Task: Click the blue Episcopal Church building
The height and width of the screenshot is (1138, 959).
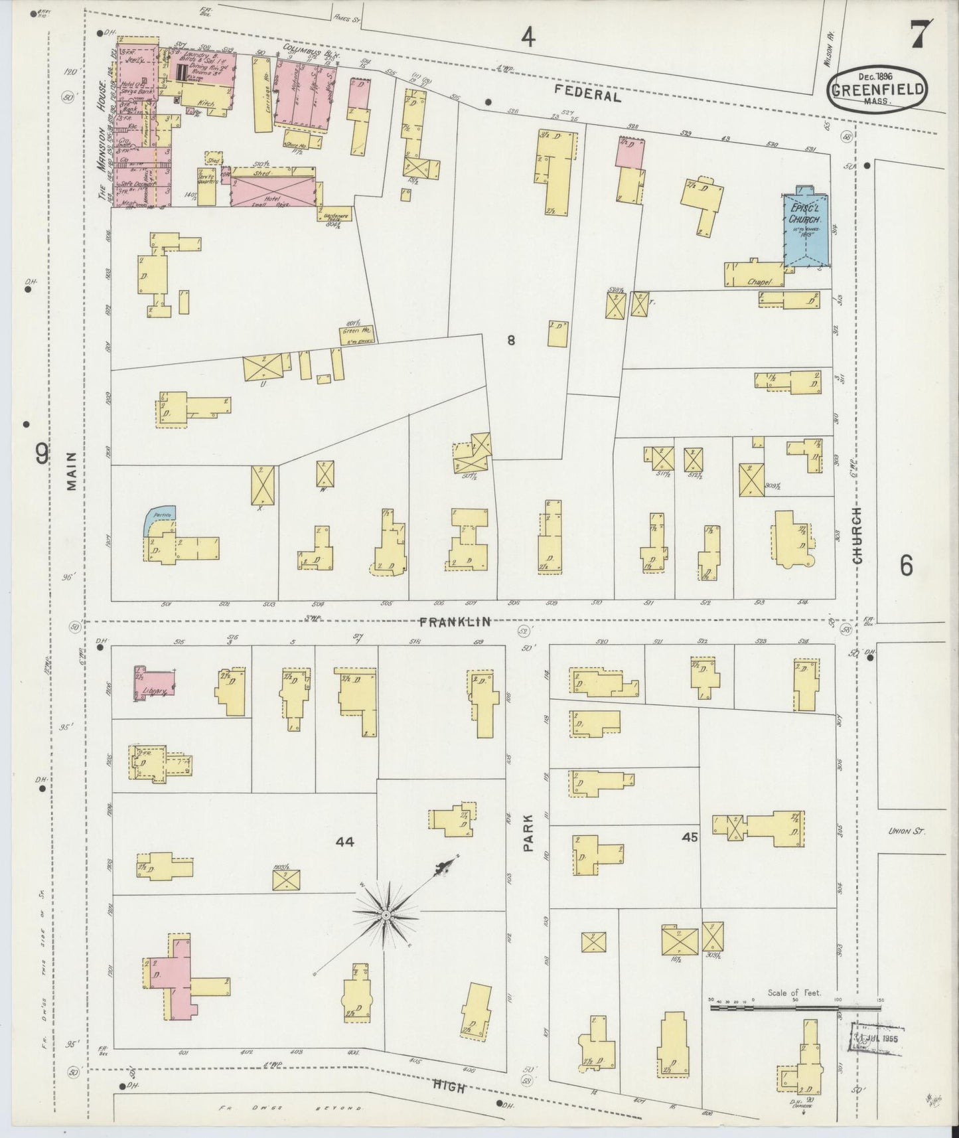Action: (805, 230)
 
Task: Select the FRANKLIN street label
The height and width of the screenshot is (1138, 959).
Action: (455, 621)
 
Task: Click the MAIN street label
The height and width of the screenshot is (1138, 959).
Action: (72, 471)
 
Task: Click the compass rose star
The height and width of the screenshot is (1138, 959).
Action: (386, 915)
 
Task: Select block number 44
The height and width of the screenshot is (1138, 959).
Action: (345, 842)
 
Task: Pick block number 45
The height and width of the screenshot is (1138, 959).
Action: (690, 838)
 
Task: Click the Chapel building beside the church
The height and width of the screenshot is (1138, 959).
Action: (755, 275)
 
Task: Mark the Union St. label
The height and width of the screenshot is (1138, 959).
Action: (906, 831)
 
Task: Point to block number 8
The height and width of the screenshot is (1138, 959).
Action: (511, 341)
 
